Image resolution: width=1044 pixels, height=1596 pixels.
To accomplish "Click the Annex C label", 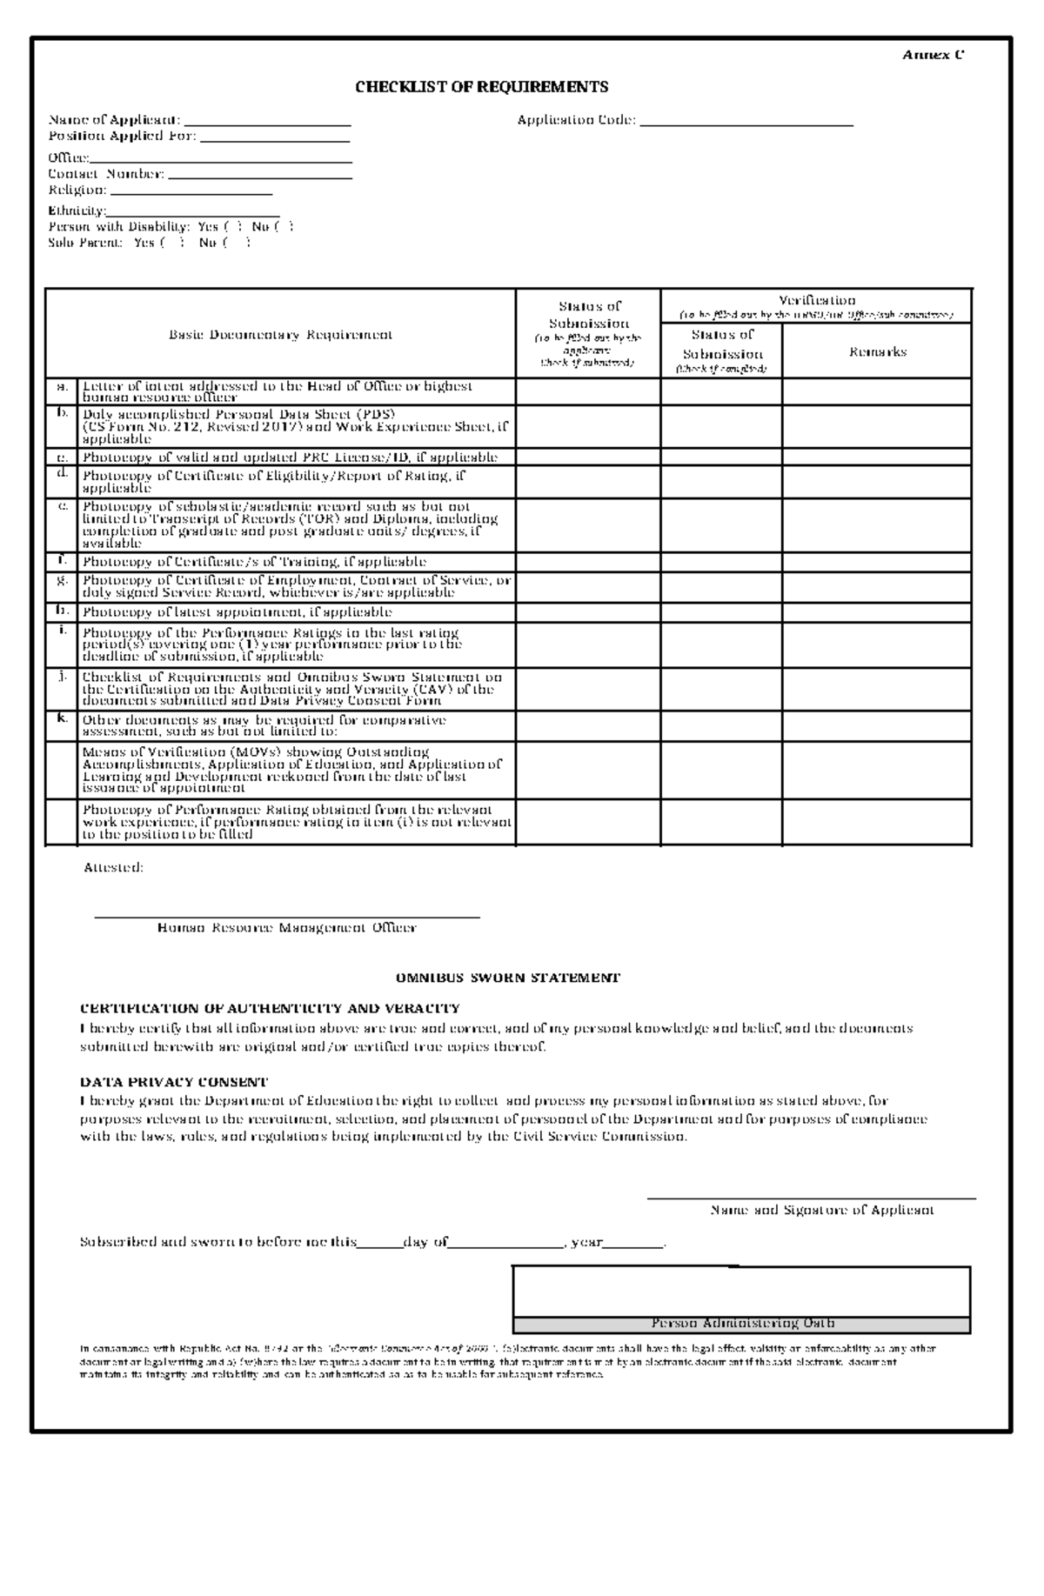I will [x=933, y=55].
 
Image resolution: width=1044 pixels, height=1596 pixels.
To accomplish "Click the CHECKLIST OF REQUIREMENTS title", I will [x=481, y=87].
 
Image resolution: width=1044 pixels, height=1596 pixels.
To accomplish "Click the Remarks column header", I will [x=877, y=352].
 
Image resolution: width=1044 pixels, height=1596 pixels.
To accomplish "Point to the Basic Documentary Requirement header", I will [x=280, y=335].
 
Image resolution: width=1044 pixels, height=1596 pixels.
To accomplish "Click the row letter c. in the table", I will [x=62, y=457].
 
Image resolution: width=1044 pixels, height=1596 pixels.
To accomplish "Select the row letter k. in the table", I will [x=62, y=718].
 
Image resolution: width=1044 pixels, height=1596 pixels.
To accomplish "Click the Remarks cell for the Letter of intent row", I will [x=876, y=392].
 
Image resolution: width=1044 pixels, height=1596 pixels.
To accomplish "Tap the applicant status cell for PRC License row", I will [x=588, y=457].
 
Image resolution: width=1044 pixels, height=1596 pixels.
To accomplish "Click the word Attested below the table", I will [x=113, y=867].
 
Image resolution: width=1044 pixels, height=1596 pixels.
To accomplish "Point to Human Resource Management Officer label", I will [x=286, y=928].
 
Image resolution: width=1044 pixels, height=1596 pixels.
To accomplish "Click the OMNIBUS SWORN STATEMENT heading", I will [x=507, y=978].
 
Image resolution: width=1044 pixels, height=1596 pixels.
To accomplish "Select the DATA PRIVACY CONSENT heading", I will [x=174, y=1083].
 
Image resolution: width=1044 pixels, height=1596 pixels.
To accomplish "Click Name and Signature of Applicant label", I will [x=822, y=1210].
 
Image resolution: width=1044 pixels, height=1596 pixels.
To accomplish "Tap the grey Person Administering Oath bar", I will [x=742, y=1324].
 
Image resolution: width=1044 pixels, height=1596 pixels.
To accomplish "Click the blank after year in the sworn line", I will [x=633, y=1241].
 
